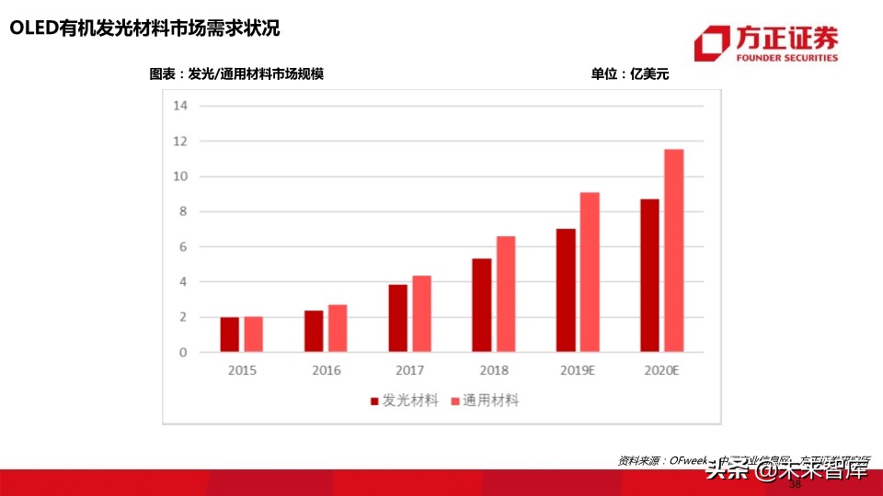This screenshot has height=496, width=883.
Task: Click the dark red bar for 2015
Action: point(230,334)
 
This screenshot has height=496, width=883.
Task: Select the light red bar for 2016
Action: point(338,328)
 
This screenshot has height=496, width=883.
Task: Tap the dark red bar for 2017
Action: point(398,318)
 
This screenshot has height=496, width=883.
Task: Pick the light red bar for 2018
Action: point(506,294)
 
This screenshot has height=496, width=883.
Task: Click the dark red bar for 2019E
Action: point(567,290)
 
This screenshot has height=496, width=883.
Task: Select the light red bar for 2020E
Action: point(674,251)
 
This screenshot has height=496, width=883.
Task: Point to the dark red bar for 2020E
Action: point(650,276)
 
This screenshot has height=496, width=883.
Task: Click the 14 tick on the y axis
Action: point(180,106)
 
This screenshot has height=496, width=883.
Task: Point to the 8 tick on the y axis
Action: point(183,211)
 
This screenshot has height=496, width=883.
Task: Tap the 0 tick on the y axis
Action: point(183,353)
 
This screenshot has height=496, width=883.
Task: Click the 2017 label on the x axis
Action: point(410,371)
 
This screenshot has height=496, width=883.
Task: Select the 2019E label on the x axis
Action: point(578,371)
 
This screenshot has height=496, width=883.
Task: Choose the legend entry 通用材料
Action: point(484,400)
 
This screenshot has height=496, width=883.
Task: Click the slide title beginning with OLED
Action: point(144,29)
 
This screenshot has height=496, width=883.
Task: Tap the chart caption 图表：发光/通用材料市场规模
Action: point(236,74)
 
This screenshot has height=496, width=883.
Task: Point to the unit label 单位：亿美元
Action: point(630,74)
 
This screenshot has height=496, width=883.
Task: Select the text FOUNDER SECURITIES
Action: point(787,58)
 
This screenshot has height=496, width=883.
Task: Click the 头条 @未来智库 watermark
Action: point(786,471)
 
